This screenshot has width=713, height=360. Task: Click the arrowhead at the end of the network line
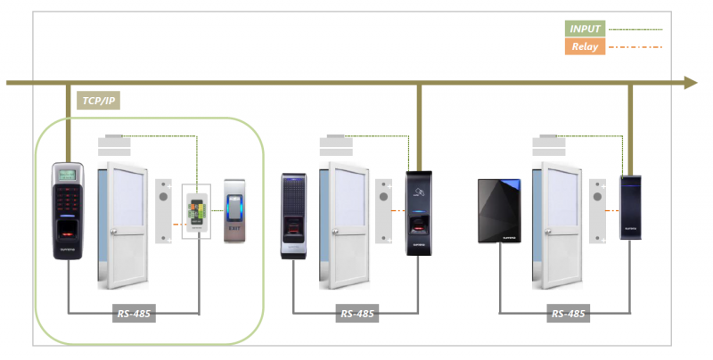click(x=690, y=83)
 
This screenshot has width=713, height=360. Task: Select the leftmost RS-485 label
click(x=134, y=314)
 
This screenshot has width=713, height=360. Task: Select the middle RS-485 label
click(x=357, y=314)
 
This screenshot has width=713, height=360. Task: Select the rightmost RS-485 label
click(x=568, y=314)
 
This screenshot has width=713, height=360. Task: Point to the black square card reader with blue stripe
click(x=498, y=212)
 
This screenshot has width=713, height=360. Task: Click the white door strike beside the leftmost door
click(x=163, y=210)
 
